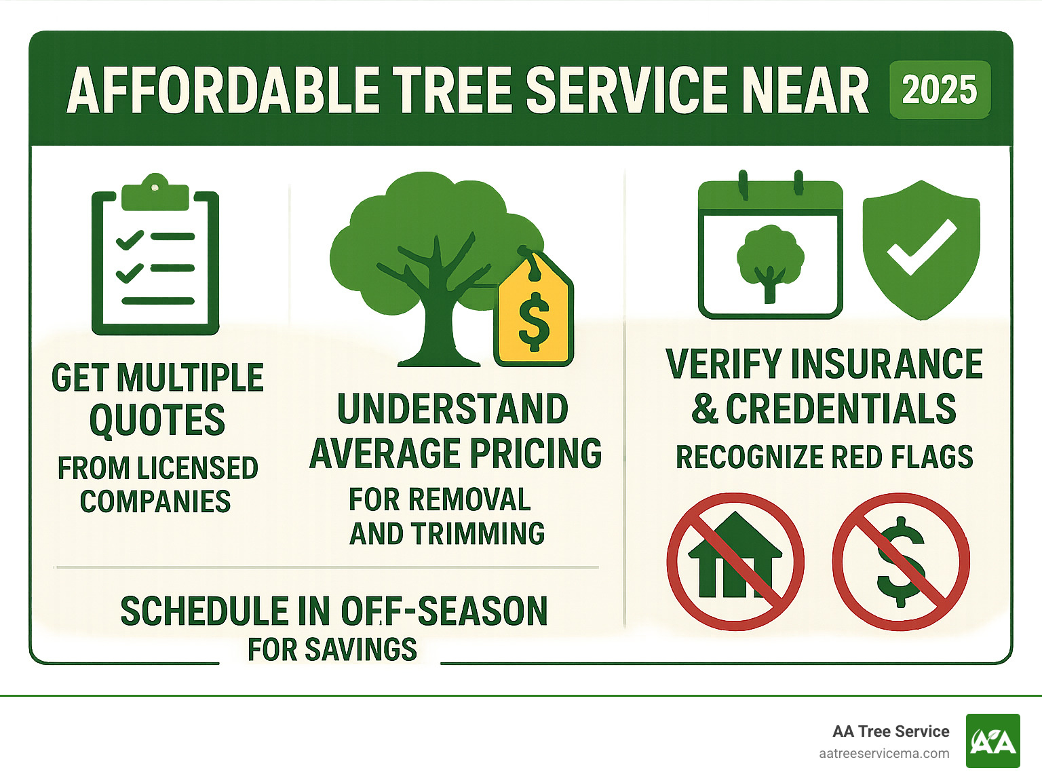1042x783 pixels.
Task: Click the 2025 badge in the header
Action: click(940, 90)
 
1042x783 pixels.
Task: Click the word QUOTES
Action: click(157, 420)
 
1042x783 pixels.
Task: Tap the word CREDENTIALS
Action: click(841, 408)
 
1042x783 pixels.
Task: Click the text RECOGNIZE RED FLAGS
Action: click(824, 457)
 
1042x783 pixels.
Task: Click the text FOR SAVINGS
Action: click(332, 650)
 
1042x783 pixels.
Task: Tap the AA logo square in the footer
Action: click(992, 741)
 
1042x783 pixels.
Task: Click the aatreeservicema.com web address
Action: click(884, 754)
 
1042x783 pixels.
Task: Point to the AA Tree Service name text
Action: click(891, 731)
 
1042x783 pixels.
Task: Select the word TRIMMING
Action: click(478, 534)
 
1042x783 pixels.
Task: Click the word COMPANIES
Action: click(155, 502)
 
